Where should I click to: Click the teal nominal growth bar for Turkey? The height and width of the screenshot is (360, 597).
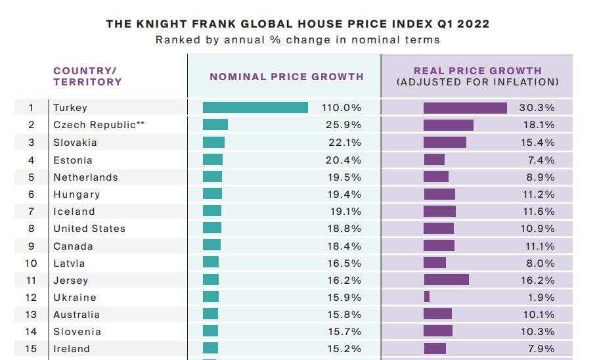(255, 108)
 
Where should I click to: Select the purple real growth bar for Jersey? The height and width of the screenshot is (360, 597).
(446, 280)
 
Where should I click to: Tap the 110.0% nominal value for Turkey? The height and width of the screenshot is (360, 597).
(342, 108)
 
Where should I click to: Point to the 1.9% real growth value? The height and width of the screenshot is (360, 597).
(541, 297)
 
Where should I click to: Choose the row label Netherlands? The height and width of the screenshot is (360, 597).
(85, 177)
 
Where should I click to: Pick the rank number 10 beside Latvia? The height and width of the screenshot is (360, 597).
(31, 263)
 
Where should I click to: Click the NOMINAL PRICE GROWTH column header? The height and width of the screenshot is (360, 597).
(286, 76)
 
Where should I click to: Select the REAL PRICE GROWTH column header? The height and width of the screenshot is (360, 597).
(477, 71)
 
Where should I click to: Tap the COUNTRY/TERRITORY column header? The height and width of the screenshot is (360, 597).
(87, 76)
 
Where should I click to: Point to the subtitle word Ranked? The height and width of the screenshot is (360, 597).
(176, 39)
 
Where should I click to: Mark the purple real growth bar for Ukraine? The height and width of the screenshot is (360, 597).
(427, 297)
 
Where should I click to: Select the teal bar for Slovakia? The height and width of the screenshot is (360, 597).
(213, 143)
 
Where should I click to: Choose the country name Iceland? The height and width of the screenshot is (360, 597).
(74, 212)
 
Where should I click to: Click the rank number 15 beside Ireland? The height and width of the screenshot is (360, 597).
(31, 349)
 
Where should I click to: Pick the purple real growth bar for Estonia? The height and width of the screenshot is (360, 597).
(434, 160)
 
